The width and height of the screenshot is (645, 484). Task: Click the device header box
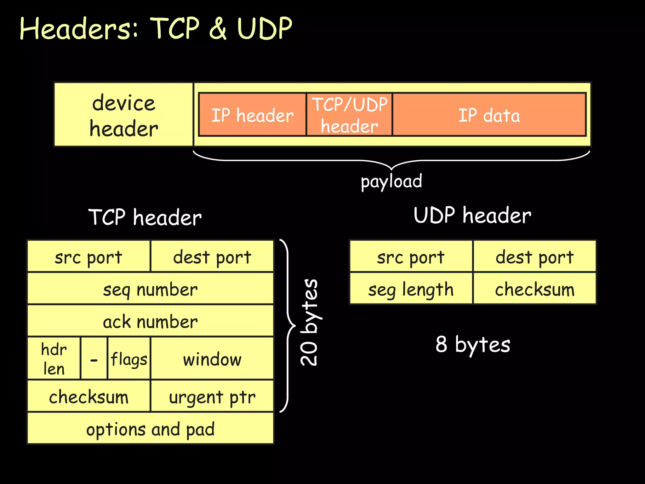[x=123, y=115]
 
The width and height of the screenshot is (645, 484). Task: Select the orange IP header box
[x=252, y=115]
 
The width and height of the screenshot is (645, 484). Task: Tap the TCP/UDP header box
[x=349, y=115]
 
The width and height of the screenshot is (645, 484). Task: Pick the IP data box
[x=489, y=115]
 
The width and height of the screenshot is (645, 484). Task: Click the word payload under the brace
[x=391, y=181]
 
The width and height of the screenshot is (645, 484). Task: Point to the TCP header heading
[x=145, y=217]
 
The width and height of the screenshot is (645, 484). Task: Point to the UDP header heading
[x=472, y=216]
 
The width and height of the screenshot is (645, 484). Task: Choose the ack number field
[x=150, y=321]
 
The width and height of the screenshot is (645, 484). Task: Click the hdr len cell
[x=54, y=359]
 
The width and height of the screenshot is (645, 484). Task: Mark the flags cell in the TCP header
[x=129, y=359]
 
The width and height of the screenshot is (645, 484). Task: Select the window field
[x=212, y=359]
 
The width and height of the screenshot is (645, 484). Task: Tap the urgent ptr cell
[x=212, y=396]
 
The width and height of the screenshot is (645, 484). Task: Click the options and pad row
[x=150, y=429]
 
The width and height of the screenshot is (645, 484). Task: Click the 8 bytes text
[x=472, y=344]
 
